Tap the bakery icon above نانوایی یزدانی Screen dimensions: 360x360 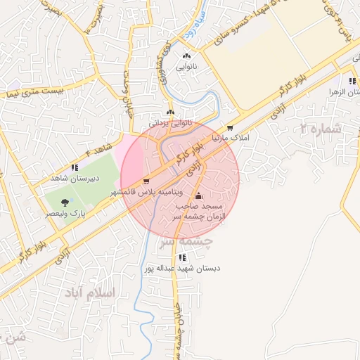coord(170,112)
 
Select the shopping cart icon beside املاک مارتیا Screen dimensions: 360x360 coord(230,129)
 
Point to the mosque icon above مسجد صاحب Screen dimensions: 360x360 coord(199,195)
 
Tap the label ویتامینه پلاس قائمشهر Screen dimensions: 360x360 coord(147,192)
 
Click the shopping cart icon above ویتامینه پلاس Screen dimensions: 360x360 coord(146,181)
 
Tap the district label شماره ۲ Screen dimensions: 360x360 coord(321,129)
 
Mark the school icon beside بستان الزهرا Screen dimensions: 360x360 coord(352,82)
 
